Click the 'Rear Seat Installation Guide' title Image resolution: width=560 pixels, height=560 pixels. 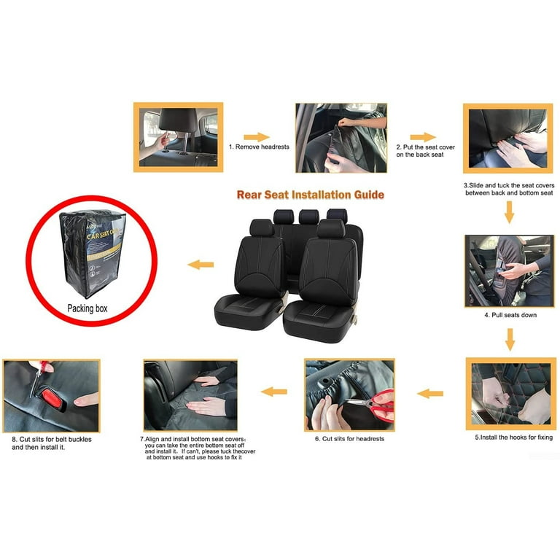[x=310, y=195]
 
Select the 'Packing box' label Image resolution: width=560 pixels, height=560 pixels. [x=87, y=308]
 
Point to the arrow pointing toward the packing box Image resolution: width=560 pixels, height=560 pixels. [x=201, y=265]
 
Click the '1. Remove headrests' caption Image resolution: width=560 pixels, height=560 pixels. [x=259, y=147]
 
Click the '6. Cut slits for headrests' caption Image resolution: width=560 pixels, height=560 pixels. [x=349, y=438]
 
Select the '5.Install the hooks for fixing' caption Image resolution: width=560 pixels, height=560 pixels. [x=513, y=437]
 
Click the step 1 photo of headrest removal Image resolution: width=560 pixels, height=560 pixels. [x=178, y=137]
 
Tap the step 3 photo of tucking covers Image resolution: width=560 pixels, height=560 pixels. [x=507, y=138]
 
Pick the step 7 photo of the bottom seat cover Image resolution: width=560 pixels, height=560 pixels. [x=190, y=394]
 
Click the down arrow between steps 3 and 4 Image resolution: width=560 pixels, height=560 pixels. [x=509, y=211]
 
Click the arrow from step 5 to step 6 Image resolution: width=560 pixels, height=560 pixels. [x=430, y=394]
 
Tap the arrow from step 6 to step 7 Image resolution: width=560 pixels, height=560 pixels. [x=273, y=392]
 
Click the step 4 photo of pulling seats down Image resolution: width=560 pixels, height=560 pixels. [x=508, y=269]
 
